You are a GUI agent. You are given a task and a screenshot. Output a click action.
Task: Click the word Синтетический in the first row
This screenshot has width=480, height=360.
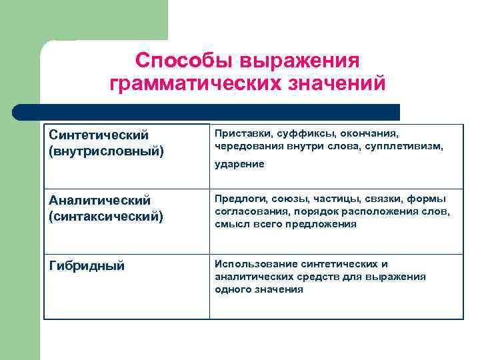(x=99, y=135)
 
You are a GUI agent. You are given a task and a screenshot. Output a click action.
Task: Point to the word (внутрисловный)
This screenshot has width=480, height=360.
(x=106, y=151)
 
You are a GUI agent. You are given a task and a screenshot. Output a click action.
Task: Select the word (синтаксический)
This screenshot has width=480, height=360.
(x=106, y=216)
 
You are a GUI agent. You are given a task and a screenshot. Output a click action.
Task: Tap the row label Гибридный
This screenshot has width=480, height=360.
(x=87, y=266)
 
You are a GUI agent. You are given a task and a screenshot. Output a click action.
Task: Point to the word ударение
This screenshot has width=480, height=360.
(x=239, y=164)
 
